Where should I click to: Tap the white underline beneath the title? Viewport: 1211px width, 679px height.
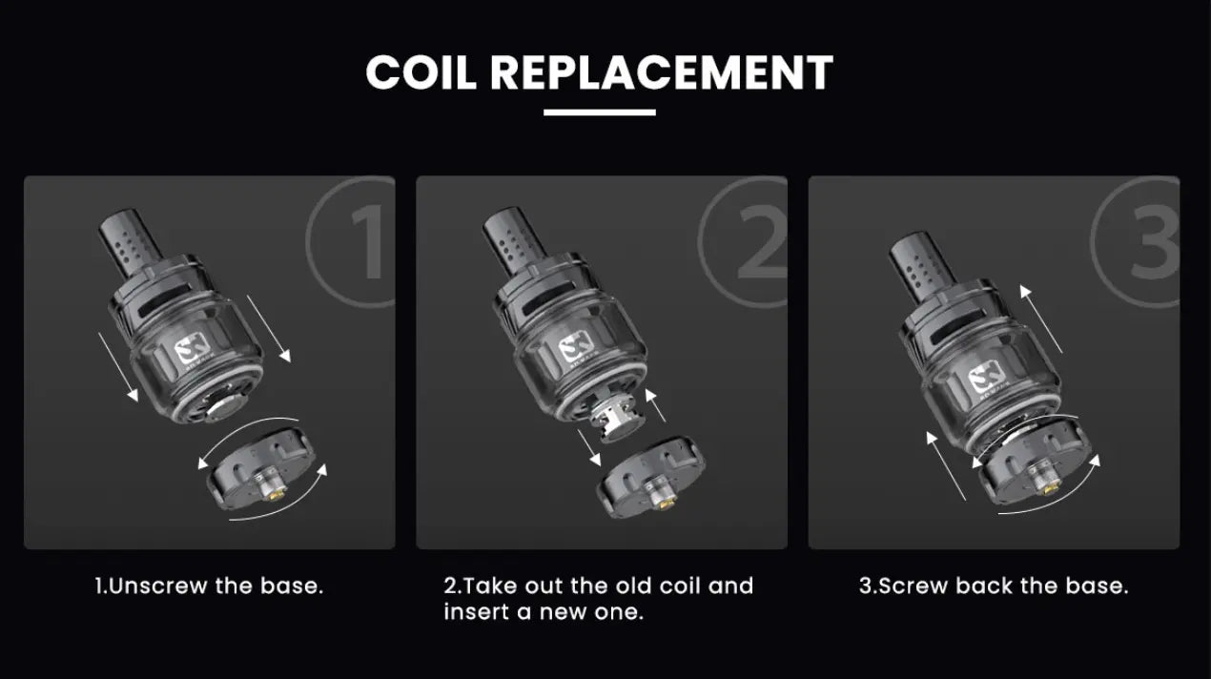pyautogui.click(x=600, y=113)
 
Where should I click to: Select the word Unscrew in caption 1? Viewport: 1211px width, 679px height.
pyautogui.click(x=157, y=586)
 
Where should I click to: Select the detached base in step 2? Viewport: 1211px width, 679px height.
pyautogui.click(x=650, y=477)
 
